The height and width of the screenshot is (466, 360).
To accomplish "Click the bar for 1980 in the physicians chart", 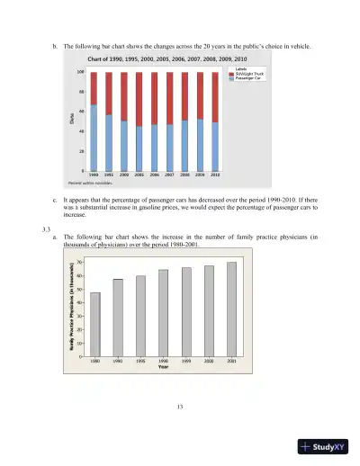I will (94, 324).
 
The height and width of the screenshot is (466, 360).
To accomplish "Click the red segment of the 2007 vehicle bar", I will (169, 98).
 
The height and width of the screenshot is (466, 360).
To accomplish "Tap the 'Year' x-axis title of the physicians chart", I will (163, 366).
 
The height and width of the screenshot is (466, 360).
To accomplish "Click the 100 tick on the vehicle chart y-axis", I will (80, 72).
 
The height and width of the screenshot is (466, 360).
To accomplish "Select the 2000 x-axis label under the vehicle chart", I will (124, 175).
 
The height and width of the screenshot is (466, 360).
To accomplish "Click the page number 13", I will (180, 408).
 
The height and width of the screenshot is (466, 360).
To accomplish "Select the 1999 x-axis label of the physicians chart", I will (186, 361).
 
